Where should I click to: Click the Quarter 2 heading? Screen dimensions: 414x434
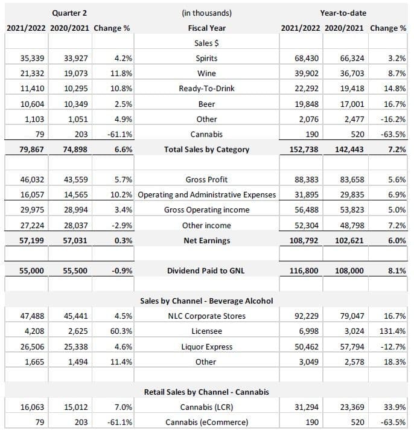[x=69, y=13]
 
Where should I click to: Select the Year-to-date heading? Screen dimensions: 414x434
[x=343, y=13]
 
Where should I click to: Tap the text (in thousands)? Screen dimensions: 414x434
[x=207, y=13]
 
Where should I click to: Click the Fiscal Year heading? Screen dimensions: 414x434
[x=207, y=28]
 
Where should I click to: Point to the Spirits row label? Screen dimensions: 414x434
[x=207, y=59]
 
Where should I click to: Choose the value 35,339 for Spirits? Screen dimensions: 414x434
[x=32, y=59]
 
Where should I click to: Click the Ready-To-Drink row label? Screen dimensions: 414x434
[x=207, y=89]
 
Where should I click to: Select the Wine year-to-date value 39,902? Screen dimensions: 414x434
[x=307, y=74]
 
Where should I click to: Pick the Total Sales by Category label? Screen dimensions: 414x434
[x=207, y=150]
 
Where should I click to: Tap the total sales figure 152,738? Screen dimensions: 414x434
[x=304, y=150]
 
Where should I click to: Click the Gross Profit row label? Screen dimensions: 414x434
[x=207, y=180]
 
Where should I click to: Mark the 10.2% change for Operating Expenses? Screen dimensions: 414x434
[x=121, y=195]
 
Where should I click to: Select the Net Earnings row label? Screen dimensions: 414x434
[x=207, y=240]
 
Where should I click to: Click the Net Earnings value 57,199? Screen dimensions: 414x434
[x=31, y=240]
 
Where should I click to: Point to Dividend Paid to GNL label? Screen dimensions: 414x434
[x=206, y=270]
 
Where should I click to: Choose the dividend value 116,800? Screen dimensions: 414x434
[x=304, y=270]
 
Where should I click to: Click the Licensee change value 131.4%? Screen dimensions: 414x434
[x=392, y=331]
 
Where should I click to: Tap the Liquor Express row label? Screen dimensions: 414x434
[x=207, y=347]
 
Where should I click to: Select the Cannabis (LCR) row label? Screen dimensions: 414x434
[x=207, y=407]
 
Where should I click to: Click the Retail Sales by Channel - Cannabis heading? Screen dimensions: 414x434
[x=206, y=392]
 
